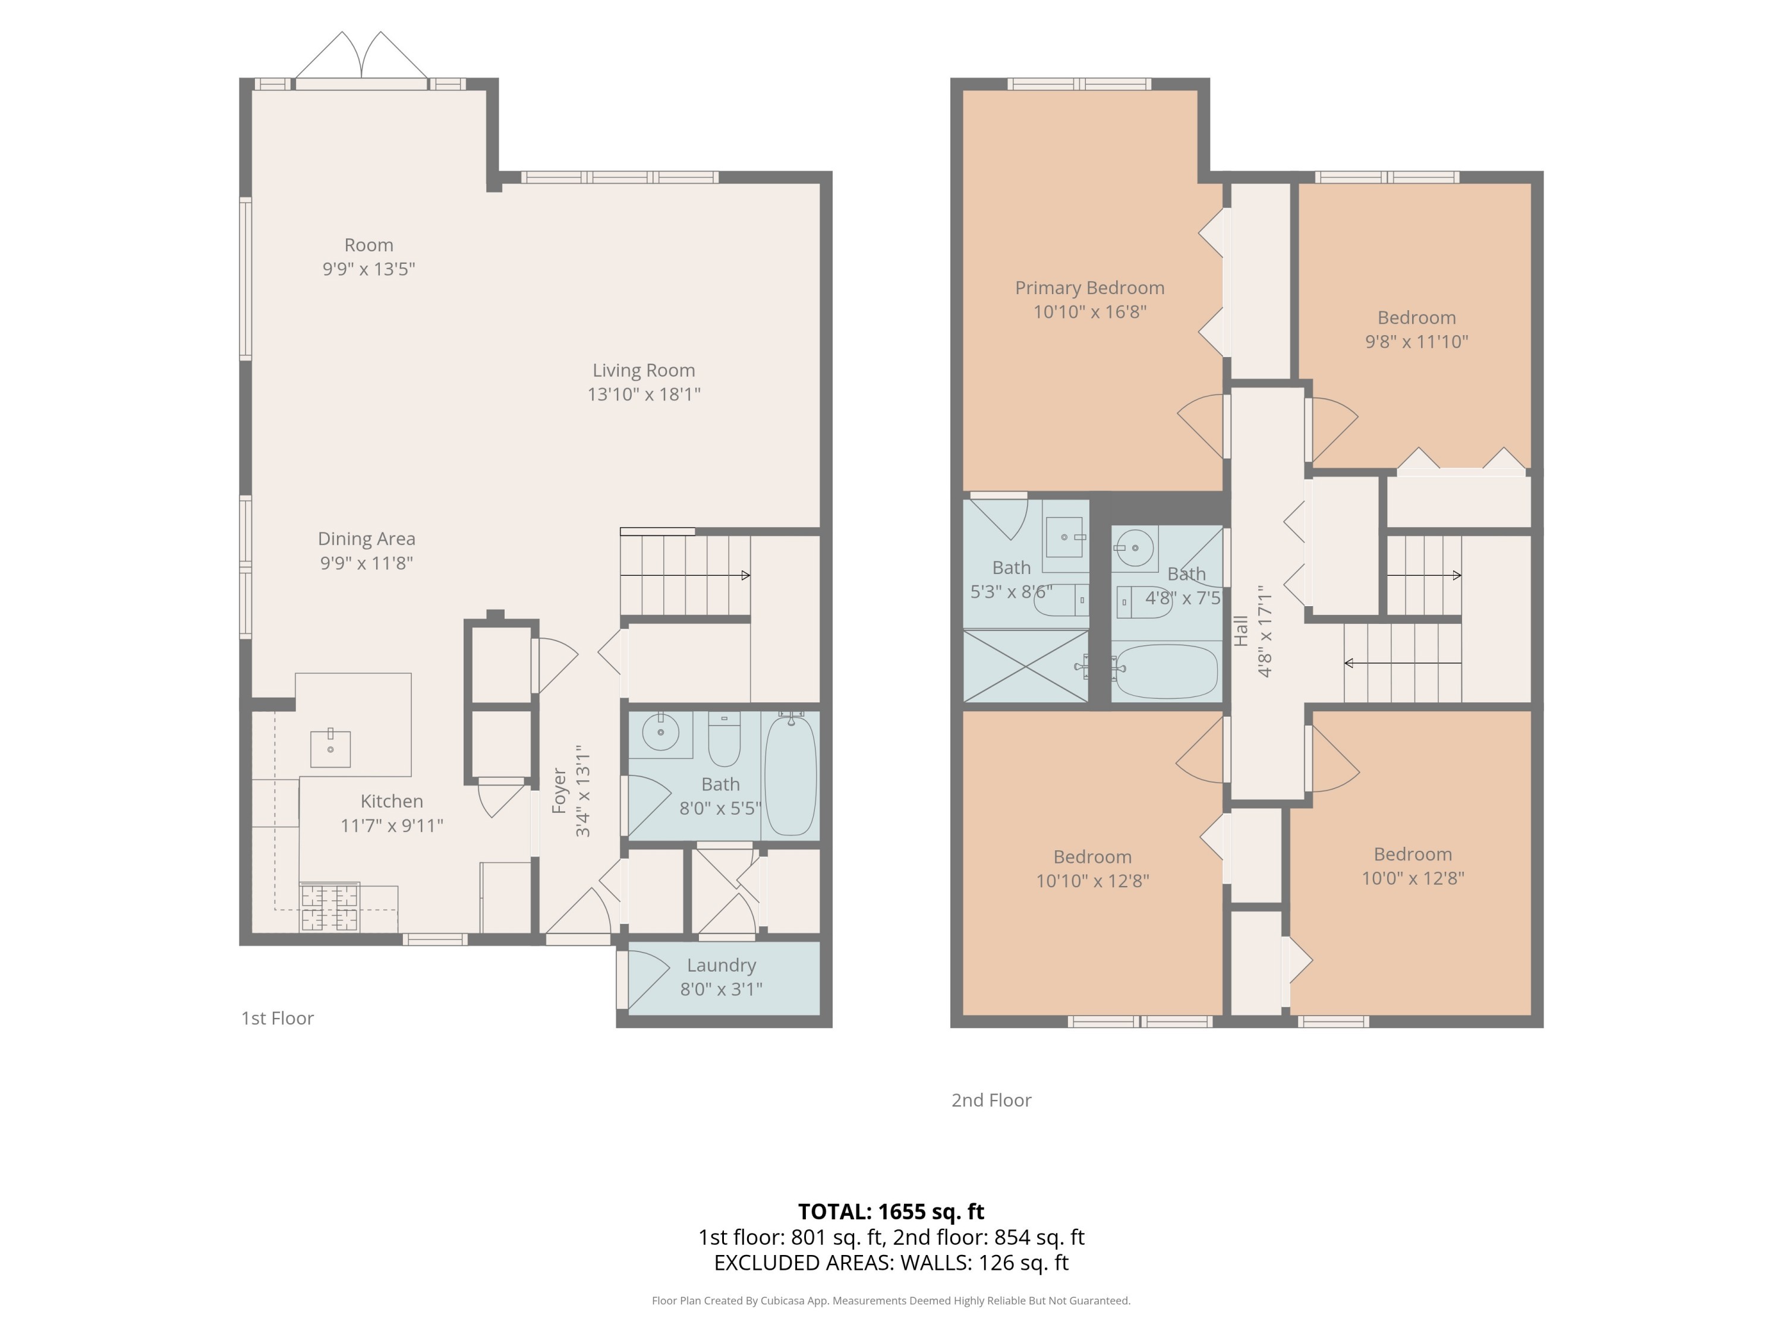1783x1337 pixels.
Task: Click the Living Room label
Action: (x=643, y=371)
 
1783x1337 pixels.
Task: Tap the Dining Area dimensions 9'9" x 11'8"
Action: (x=367, y=563)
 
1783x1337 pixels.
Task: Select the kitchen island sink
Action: (x=330, y=749)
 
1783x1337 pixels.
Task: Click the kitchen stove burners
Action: (x=330, y=907)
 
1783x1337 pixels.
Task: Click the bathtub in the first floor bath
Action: (x=790, y=775)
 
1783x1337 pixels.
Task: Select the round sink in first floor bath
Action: (x=661, y=731)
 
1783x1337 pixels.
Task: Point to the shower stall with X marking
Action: (x=1025, y=667)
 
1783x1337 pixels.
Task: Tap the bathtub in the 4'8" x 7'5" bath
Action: (x=1165, y=671)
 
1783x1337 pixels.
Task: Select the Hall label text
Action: (x=1242, y=631)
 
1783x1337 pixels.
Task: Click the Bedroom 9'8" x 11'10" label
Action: (x=1416, y=319)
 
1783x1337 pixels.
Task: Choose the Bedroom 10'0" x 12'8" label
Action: (x=1412, y=855)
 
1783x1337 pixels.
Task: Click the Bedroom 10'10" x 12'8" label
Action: (x=1092, y=857)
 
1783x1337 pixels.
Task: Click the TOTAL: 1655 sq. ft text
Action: (x=891, y=1211)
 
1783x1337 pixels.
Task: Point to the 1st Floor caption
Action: (x=278, y=1018)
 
